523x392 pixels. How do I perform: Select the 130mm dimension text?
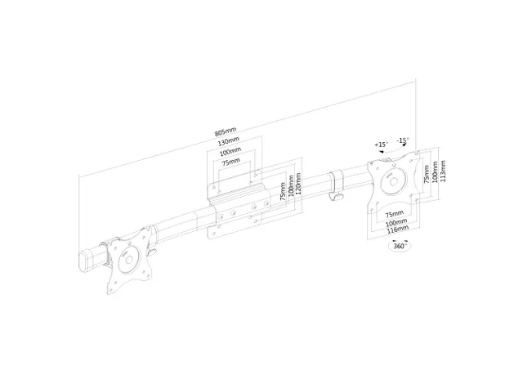(228, 141)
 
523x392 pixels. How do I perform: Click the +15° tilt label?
(381, 145)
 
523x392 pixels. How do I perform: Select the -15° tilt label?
(403, 140)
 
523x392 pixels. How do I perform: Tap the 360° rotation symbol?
(400, 245)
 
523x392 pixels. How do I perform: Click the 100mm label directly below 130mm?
(230, 151)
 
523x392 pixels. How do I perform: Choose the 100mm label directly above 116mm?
(396, 222)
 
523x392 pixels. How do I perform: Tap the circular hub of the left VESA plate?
(128, 263)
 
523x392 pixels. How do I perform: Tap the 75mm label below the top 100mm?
(232, 162)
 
